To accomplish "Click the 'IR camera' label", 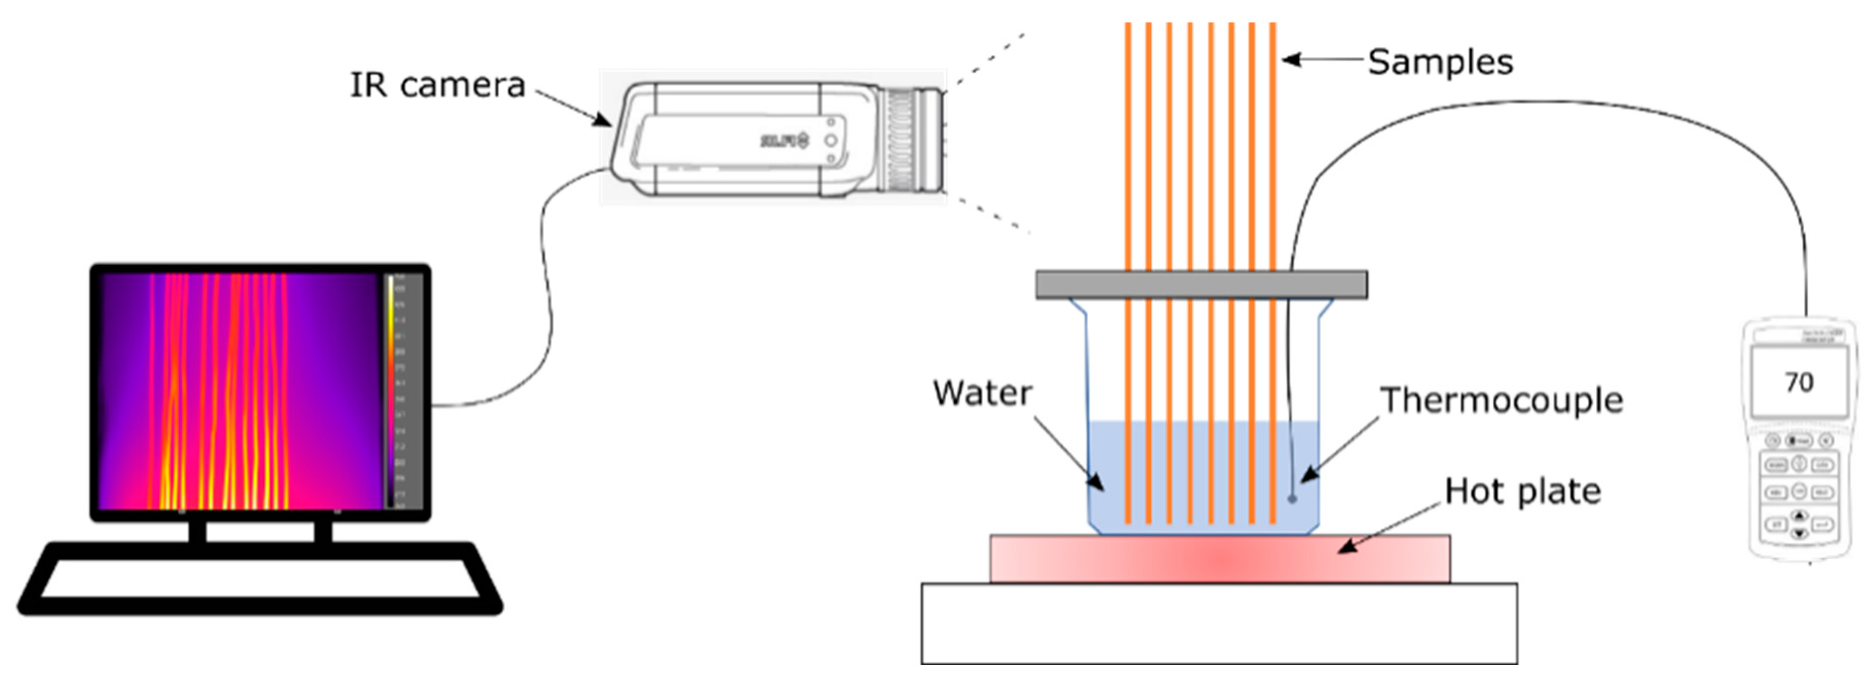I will (437, 85).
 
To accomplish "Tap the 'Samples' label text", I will (1441, 62).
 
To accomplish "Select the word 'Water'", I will (982, 393).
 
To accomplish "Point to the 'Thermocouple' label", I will (1501, 400).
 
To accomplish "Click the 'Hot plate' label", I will (1522, 492).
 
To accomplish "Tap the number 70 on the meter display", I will (1799, 382).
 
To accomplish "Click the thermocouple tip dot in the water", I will (1292, 498).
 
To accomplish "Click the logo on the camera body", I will (783, 140).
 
